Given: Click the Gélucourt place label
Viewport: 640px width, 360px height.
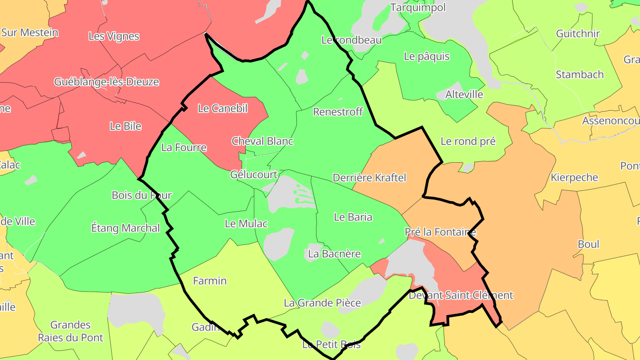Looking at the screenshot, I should [254, 175].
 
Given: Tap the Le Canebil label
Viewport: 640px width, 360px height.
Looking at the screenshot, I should [222, 108].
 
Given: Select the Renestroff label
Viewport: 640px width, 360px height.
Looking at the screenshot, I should [338, 112].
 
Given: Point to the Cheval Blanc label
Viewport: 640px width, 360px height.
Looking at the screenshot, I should [262, 141].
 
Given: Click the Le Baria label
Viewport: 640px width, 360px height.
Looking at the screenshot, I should [353, 217].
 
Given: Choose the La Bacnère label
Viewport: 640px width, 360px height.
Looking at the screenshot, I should [334, 254].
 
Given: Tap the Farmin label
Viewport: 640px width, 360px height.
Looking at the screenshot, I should [210, 281].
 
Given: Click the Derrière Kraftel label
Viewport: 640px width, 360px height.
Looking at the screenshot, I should [369, 178].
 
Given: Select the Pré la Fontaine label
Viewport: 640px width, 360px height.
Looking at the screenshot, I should [440, 232].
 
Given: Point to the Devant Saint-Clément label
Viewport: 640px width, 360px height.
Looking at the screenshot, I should [460, 295].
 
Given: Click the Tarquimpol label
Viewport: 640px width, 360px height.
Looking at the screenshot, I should [417, 8].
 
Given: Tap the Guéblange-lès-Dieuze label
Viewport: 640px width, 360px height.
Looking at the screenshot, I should [106, 82].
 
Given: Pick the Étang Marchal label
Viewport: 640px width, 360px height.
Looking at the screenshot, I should [125, 228].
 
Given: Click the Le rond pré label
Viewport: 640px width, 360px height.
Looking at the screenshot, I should [468, 141].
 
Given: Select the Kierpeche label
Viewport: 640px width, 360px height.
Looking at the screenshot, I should [574, 177].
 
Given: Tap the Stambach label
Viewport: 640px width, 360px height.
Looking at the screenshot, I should [580, 74].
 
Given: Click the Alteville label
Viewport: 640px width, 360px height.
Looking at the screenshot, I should [464, 95].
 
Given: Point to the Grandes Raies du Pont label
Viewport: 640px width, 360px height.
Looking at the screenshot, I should [70, 331].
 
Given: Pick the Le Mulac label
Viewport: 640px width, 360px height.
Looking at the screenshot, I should [246, 224].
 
